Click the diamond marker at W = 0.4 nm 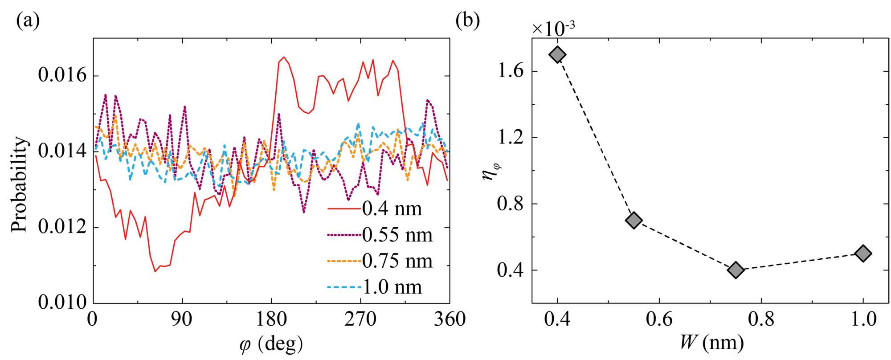point(557,55)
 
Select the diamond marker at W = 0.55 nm point(634,220)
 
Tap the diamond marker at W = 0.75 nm point(736,270)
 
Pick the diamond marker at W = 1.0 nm point(863,254)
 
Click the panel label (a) point(28,21)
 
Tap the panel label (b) point(467,21)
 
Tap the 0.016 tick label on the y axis point(62,75)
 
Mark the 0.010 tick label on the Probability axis point(62,303)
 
